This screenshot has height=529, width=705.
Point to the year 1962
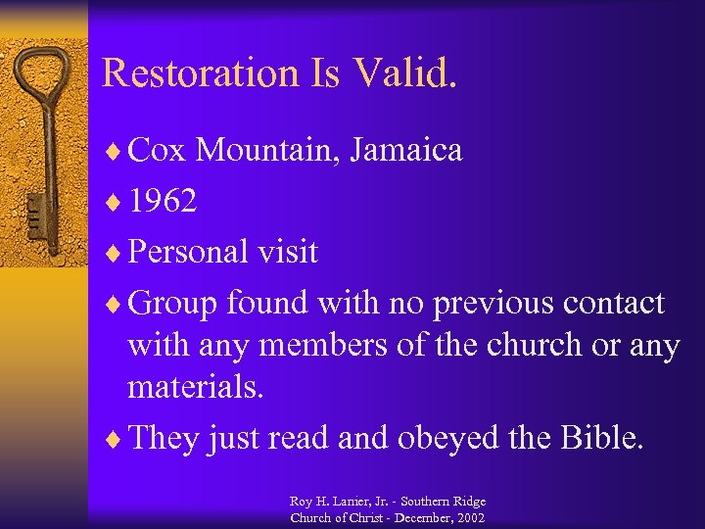163,201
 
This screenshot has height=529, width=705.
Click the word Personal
189,252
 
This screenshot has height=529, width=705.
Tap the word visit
286,252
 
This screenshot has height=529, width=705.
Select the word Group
173,303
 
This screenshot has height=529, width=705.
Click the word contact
614,303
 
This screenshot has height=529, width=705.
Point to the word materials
196,388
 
